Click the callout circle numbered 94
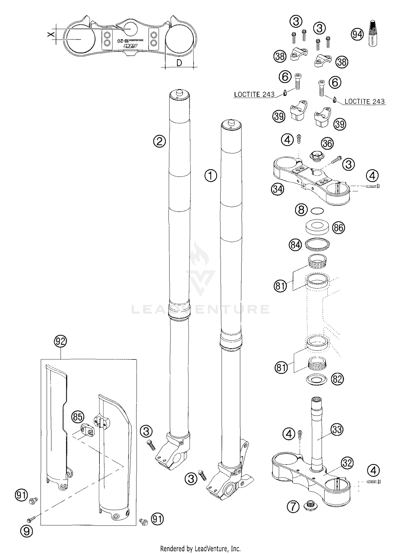coord(357,35)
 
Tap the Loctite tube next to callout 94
coord(374,34)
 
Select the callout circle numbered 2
coord(159,141)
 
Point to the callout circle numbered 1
coord(211,176)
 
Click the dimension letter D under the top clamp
coord(179,63)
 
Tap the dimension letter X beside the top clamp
coord(51,35)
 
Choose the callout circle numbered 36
coord(327,143)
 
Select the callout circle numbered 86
coord(338,228)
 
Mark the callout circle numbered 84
coord(295,245)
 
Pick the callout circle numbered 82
coord(337,379)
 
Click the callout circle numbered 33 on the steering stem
coord(337,430)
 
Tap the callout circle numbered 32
coord(347,463)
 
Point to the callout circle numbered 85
coord(78,417)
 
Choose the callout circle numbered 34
coord(277,189)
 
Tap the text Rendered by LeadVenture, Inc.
coord(200,549)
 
